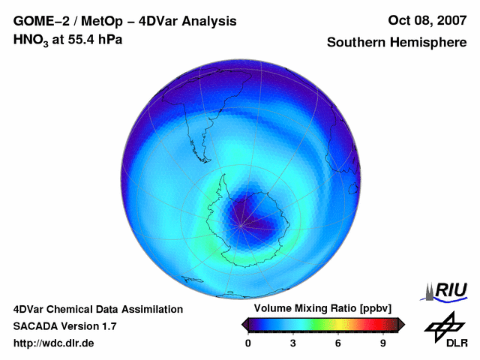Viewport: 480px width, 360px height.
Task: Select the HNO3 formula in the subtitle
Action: (x=31, y=39)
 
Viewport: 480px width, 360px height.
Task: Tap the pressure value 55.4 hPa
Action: (x=93, y=39)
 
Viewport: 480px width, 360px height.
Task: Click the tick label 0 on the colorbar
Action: (x=248, y=343)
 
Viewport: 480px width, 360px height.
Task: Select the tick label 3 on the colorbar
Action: (x=293, y=343)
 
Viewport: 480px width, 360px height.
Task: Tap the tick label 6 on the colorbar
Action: (x=338, y=343)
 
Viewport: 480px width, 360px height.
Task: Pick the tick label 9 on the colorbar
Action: (x=383, y=343)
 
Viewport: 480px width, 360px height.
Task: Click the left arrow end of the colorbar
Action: (x=244, y=324)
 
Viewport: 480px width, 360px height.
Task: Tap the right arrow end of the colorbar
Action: (x=401, y=324)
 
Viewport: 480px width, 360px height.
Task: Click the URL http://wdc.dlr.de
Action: (x=54, y=343)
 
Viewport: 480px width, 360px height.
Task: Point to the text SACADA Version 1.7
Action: (x=64, y=326)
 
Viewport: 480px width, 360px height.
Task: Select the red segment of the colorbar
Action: (x=379, y=324)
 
